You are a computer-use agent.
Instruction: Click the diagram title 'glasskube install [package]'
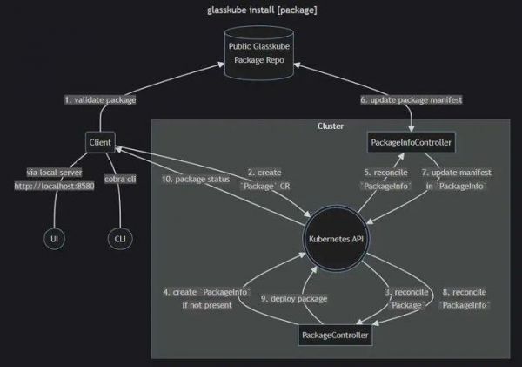(x=261, y=10)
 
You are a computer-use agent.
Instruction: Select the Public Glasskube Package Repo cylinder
(x=261, y=54)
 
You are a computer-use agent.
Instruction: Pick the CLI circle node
(x=118, y=237)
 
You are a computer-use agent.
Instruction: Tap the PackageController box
(x=335, y=335)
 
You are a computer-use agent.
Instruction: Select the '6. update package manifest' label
(x=412, y=100)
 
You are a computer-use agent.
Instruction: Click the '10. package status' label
(x=194, y=180)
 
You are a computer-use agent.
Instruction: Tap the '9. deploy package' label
(x=293, y=299)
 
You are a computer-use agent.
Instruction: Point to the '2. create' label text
(x=263, y=173)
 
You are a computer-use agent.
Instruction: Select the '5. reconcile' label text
(x=381, y=173)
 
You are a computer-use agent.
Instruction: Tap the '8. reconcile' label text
(x=464, y=291)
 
